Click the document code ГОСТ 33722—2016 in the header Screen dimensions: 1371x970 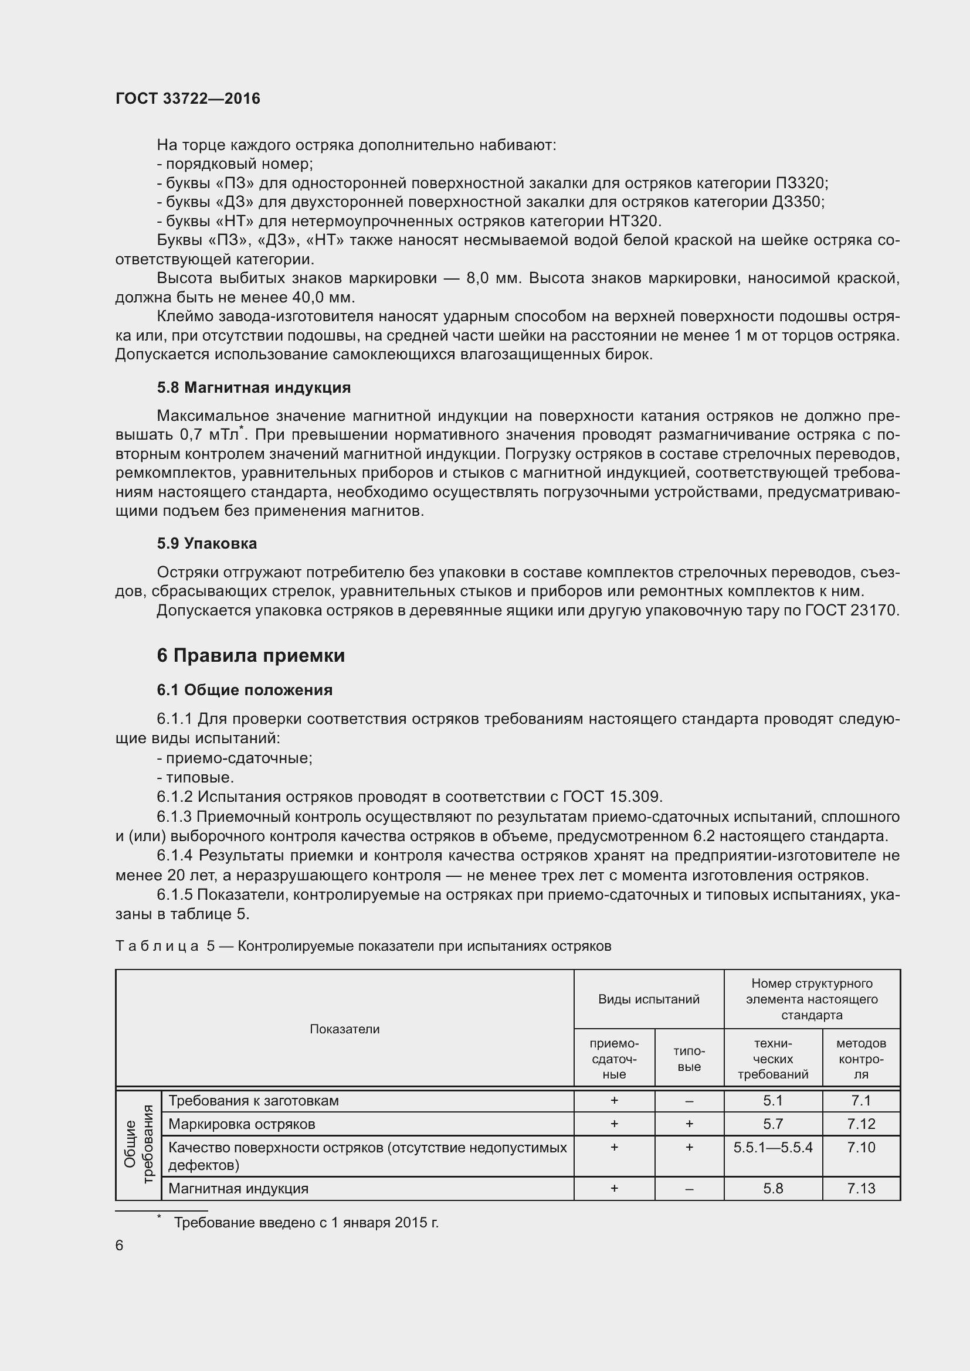pyautogui.click(x=188, y=98)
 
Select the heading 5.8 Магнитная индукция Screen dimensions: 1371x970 pyautogui.click(x=254, y=387)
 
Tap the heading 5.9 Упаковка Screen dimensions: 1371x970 pyautogui.click(x=206, y=543)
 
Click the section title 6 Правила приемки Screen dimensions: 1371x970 pyautogui.click(x=251, y=656)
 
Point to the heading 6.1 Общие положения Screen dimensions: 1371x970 pyautogui.click(x=245, y=690)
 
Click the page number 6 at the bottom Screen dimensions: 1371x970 pyautogui.click(x=120, y=1245)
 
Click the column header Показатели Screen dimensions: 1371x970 pyautogui.click(x=345, y=1029)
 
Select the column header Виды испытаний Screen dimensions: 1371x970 pyautogui.click(x=649, y=999)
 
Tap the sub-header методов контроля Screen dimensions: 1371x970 pyautogui.click(x=861, y=1059)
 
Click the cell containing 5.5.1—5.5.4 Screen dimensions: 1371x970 pyautogui.click(x=773, y=1147)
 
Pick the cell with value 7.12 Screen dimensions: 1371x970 pyautogui.click(x=861, y=1124)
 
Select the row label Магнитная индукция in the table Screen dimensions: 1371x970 pyautogui.click(x=238, y=1188)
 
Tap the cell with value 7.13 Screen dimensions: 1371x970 pyautogui.click(x=861, y=1188)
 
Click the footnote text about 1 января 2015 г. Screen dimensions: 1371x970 pyautogui.click(x=306, y=1222)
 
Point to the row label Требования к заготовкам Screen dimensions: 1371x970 pyautogui.click(x=253, y=1101)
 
